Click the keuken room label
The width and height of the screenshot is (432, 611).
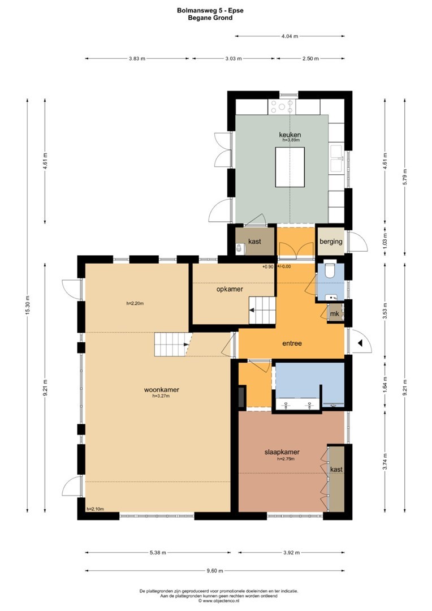290,135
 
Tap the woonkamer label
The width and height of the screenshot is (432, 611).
162,389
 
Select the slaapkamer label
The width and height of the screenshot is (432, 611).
282,452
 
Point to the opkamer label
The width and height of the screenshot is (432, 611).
230,289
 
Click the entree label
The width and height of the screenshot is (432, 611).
292,343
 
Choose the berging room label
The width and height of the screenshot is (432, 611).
331,242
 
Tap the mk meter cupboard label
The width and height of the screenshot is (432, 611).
335,314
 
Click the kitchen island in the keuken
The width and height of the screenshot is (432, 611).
290,167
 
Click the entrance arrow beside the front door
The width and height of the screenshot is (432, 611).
360,343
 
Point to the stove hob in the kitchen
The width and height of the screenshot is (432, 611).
282,106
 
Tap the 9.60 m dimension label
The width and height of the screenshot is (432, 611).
215,571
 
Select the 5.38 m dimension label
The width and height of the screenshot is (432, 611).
158,553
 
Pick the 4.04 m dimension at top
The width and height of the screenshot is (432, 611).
290,36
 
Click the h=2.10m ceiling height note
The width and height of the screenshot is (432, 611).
95,509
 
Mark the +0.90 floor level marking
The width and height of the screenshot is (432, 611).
268,267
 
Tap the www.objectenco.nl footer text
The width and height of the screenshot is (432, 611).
216,601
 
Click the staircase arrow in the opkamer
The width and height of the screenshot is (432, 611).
252,311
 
